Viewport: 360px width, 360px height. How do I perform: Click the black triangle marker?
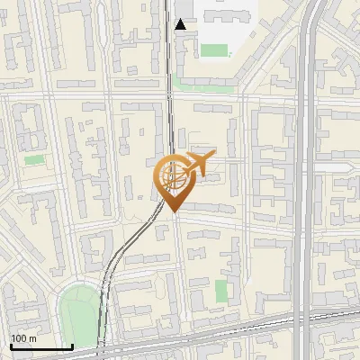click(x=181, y=24)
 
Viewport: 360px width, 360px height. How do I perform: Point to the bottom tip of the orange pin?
click(x=172, y=211)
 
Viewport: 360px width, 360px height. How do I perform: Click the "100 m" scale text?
click(x=23, y=338)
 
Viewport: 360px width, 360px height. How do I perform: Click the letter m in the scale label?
click(x=32, y=338)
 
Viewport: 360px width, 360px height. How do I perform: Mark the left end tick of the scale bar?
click(x=11, y=346)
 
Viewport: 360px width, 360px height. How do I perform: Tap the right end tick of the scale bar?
click(x=72, y=346)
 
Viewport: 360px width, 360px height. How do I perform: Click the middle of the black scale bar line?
click(x=41, y=347)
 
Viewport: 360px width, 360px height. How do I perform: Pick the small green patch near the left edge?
click(x=34, y=160)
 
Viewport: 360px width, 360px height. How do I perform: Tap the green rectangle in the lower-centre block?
click(x=221, y=291)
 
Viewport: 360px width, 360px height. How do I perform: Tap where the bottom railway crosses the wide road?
click(x=306, y=318)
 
